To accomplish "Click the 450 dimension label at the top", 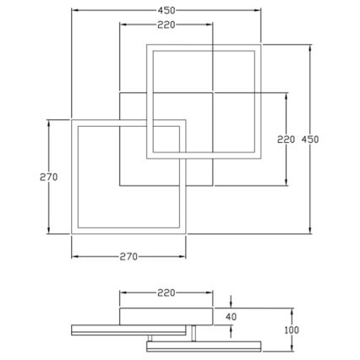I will (x=166, y=9).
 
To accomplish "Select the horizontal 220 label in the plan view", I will (x=166, y=25).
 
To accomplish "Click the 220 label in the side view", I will (x=166, y=292).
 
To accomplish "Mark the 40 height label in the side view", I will (x=232, y=316).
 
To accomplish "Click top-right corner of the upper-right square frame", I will (x=262, y=43).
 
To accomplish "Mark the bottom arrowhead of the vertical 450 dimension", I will (x=312, y=232).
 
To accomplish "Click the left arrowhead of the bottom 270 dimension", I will (x=74, y=255).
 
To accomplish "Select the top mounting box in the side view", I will (x=166, y=316).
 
